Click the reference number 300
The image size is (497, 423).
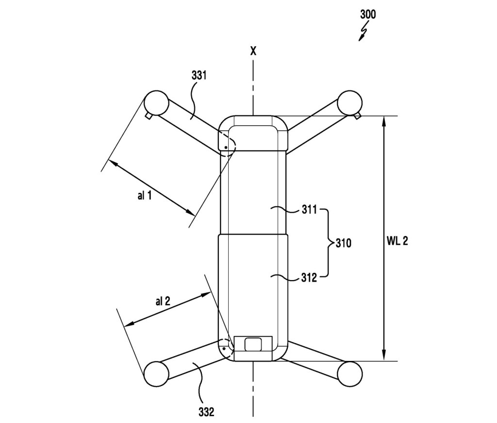(368, 14)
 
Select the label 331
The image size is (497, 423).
(199, 75)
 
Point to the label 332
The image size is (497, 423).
(206, 412)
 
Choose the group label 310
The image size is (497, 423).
(343, 243)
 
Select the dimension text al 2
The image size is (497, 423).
(163, 301)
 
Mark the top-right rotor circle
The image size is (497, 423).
(349, 102)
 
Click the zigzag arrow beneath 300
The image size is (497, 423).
(363, 32)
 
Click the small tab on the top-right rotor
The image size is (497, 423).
(358, 117)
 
